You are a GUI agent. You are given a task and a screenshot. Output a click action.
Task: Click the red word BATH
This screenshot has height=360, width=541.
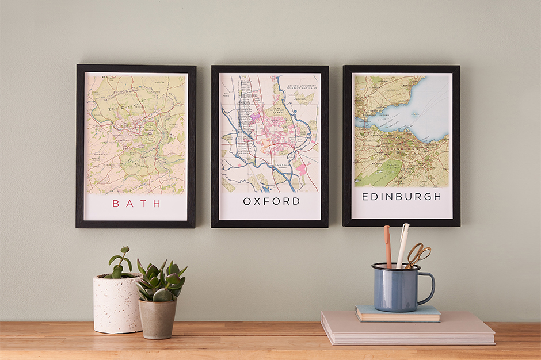136,203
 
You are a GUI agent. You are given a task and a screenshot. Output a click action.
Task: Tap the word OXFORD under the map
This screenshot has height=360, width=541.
271,201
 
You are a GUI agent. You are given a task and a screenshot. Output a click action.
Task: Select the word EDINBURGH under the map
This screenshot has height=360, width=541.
401,197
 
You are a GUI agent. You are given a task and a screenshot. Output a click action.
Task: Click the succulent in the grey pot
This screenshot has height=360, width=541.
160,281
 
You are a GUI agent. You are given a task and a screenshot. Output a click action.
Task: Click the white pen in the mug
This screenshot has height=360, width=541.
402,245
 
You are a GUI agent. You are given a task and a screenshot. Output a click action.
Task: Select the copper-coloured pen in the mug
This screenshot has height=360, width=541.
387,246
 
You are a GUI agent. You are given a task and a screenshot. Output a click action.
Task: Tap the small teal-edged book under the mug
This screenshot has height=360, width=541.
397,314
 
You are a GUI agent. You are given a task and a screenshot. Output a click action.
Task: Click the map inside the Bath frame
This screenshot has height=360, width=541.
136,133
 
